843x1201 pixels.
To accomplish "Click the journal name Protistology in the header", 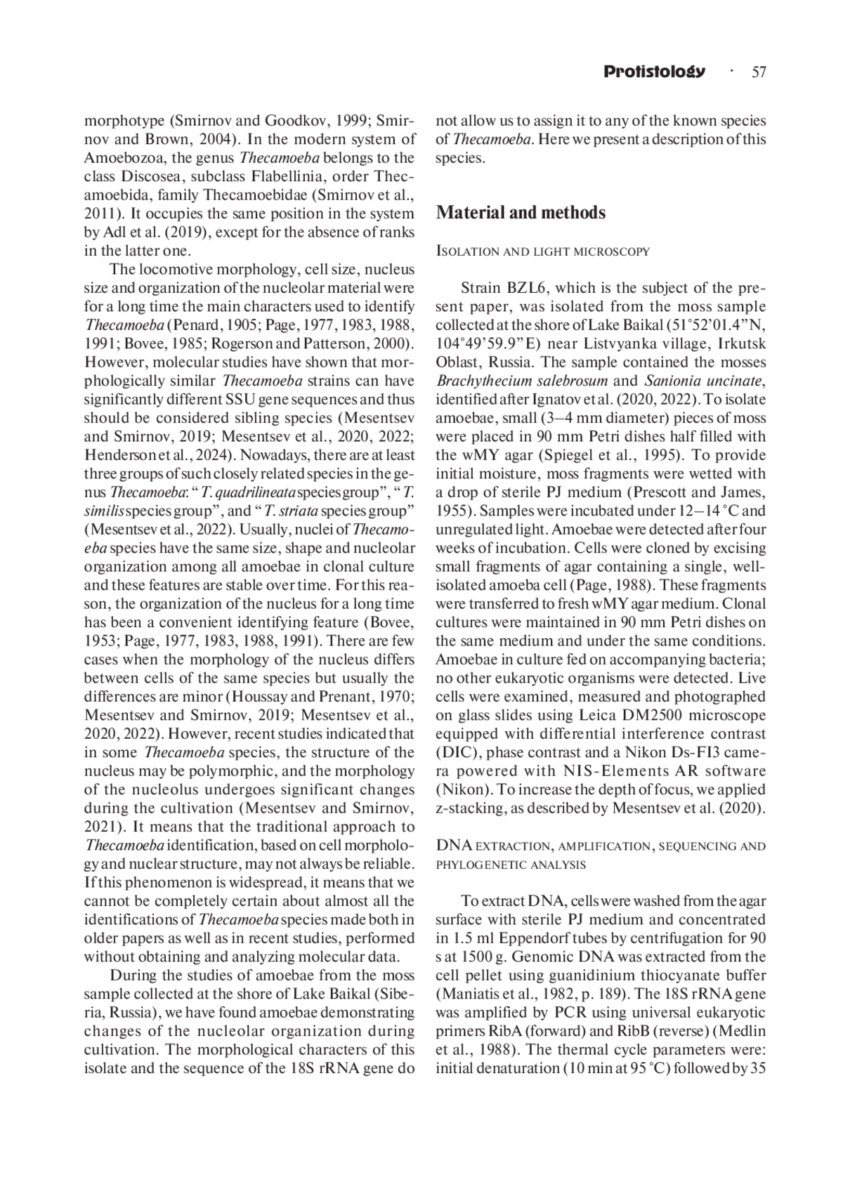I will coord(653,72).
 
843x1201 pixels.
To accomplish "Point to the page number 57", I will coord(759,72).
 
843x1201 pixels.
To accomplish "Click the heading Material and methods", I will coord(521,212).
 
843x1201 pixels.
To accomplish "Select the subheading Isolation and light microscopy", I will coord(542,251).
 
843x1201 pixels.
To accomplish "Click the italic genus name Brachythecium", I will coord(481,381).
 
